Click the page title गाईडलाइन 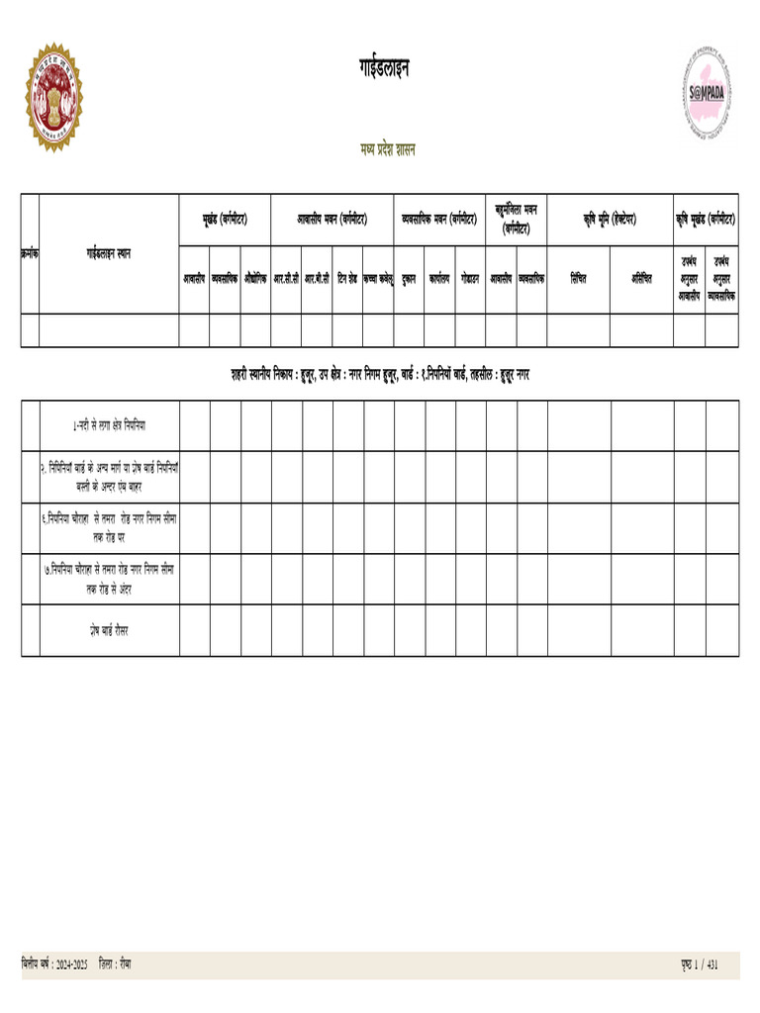384,68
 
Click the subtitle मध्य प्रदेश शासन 388,150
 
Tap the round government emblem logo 53,97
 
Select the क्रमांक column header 30,254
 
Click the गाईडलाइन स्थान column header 109,254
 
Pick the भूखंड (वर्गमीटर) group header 225,219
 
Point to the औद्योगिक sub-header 255,280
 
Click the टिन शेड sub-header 347,280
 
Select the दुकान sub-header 409,280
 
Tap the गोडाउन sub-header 470,280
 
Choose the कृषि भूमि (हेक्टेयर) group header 610,219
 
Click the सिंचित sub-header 578,280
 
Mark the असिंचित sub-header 641,280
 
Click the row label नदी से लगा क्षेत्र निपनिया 110,425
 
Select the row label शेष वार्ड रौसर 109,630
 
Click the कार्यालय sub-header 439,280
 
